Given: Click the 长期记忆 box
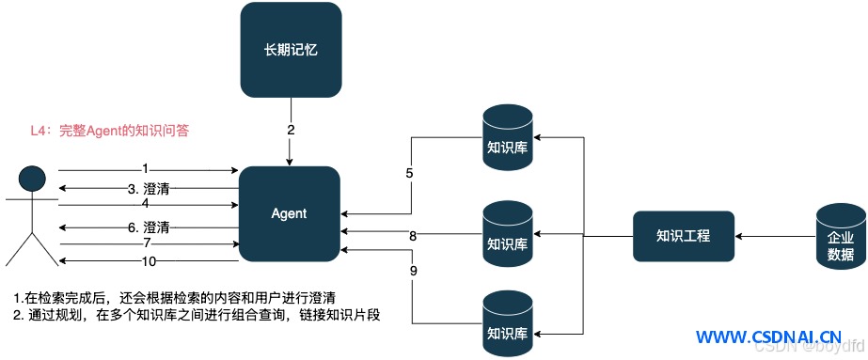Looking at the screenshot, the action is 291,51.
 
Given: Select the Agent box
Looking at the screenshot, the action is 289,213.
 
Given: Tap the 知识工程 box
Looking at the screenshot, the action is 684,236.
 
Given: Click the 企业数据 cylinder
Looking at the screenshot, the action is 840,237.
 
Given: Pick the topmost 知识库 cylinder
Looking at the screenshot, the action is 508,137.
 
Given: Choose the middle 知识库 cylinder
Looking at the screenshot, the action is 508,234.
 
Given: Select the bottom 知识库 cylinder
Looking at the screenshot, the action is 508,323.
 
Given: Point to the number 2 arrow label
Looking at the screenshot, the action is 291,131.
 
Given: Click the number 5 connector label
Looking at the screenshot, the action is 409,173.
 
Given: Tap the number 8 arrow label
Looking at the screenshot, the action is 413,236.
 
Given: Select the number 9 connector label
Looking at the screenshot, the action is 414,271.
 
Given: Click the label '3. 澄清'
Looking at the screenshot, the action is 149,189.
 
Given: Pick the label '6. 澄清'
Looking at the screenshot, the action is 149,227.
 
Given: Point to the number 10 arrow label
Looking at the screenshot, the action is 149,261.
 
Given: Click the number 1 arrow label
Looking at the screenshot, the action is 146,167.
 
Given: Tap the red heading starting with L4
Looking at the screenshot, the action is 110,132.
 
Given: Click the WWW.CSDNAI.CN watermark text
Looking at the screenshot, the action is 769,337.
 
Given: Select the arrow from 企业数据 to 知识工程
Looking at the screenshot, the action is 775,237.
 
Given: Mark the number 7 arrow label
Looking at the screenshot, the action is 146,243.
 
